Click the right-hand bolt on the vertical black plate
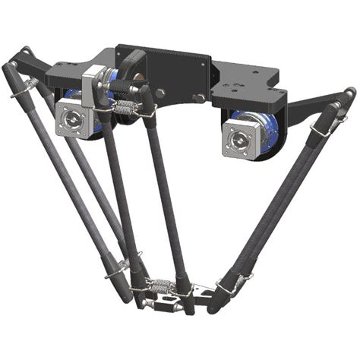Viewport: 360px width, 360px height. (x=199, y=97)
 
